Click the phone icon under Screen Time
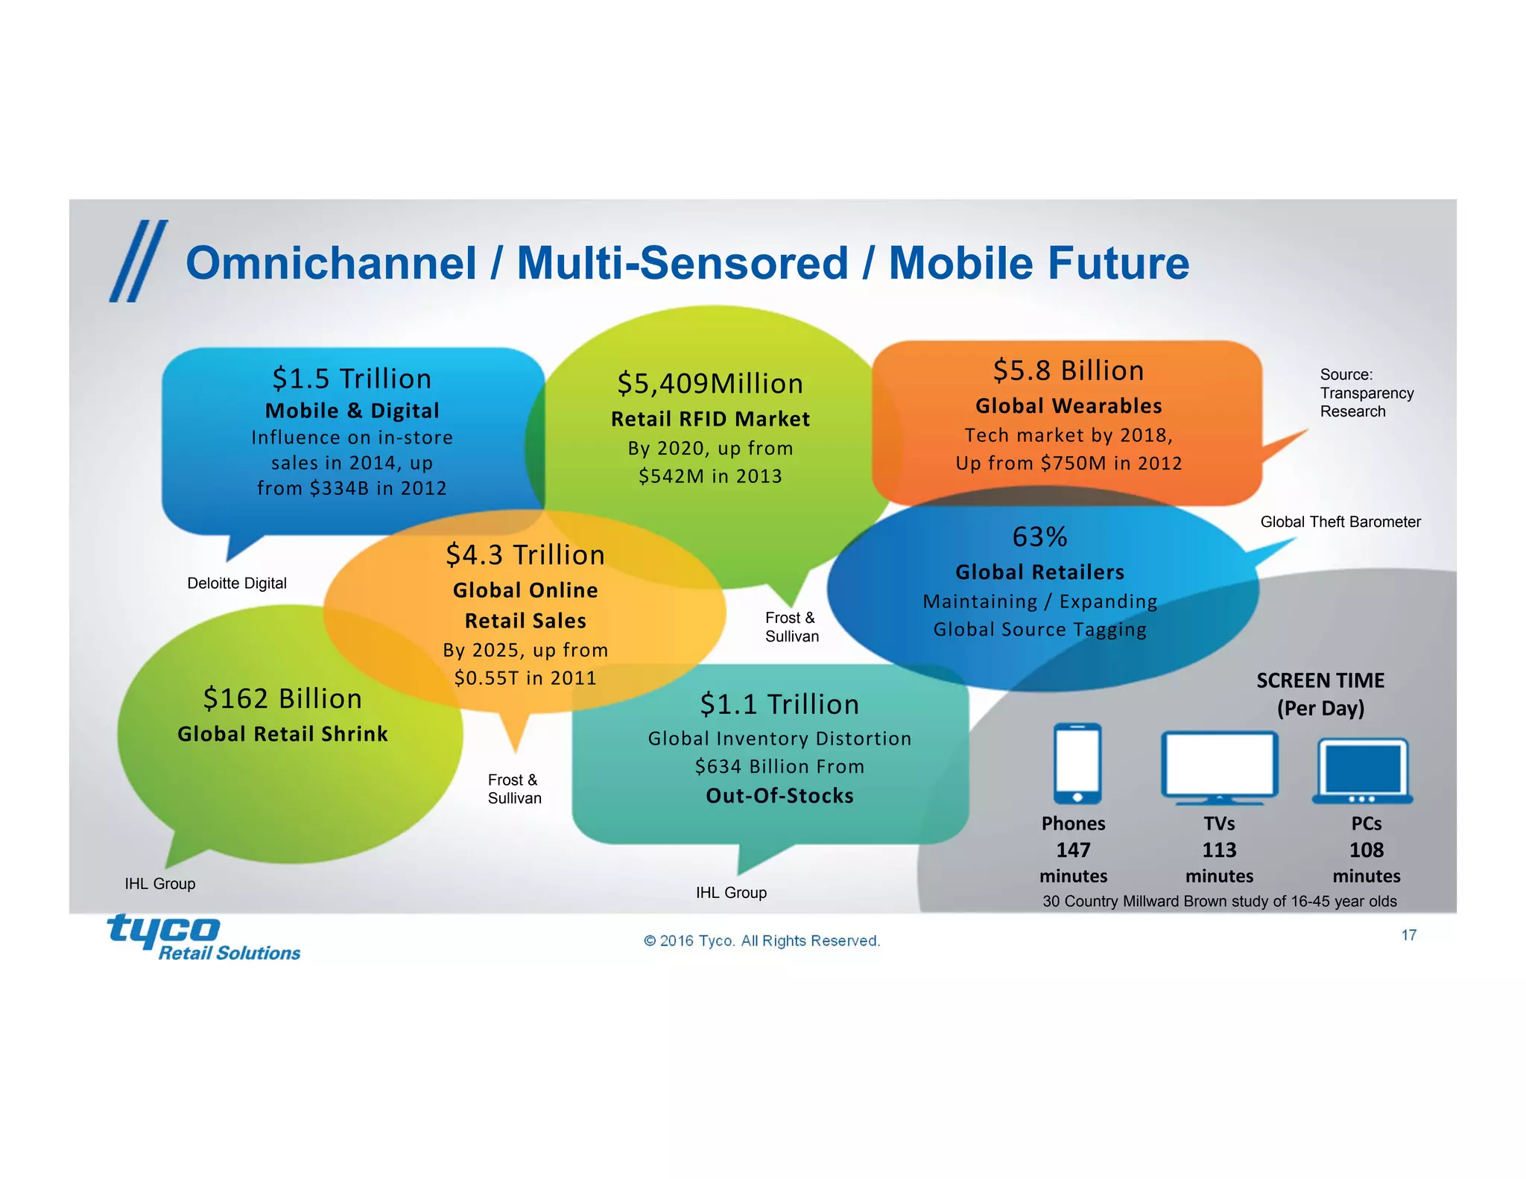click(x=1077, y=763)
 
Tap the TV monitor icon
click(x=1219, y=766)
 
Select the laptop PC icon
click(x=1362, y=771)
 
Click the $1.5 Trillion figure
click(x=352, y=379)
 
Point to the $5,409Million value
click(x=710, y=384)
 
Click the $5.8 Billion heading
click(x=1068, y=370)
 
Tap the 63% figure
click(x=1039, y=537)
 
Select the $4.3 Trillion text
click(x=525, y=555)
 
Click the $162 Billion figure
click(x=282, y=699)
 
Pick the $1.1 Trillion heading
click(x=779, y=705)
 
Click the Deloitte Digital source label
click(x=237, y=584)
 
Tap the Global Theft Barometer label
click(x=1340, y=522)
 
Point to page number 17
click(x=1408, y=935)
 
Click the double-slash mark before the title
click(x=139, y=261)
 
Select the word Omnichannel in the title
click(x=331, y=264)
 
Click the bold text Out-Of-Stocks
click(x=779, y=796)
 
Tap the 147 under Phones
click(x=1073, y=850)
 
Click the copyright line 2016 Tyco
click(x=762, y=941)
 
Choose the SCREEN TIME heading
click(x=1320, y=680)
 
